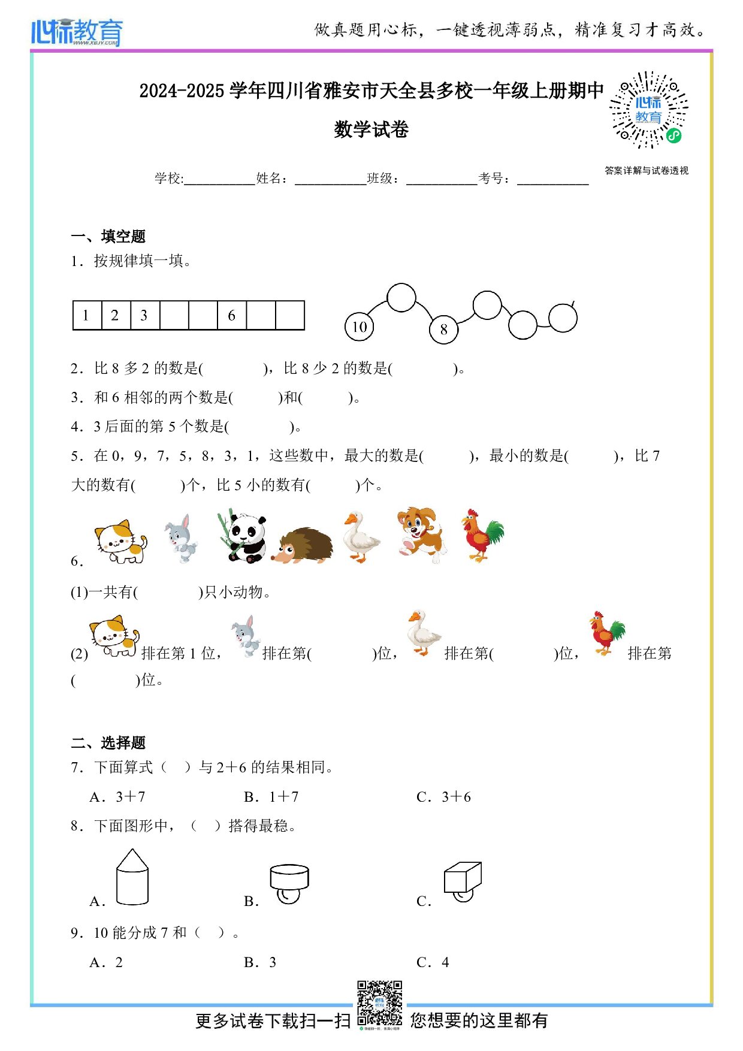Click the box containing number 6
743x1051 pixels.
[x=232, y=316]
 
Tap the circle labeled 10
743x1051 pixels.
[x=360, y=327]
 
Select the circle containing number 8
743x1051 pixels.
[x=443, y=330]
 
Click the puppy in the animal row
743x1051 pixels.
[x=421, y=535]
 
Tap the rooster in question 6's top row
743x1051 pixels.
[x=482, y=535]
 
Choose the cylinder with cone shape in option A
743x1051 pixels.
[x=132, y=877]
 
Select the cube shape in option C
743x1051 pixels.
[x=463, y=878]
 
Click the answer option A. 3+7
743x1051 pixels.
[x=117, y=797]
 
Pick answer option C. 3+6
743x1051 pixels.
[x=443, y=797]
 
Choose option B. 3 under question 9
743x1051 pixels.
[x=260, y=962]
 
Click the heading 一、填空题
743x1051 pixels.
[x=108, y=237]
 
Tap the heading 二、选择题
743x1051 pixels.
[x=108, y=743]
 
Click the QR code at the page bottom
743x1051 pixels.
[x=379, y=1003]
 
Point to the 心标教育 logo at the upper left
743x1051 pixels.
[x=77, y=32]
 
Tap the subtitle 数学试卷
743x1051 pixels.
[x=371, y=129]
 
